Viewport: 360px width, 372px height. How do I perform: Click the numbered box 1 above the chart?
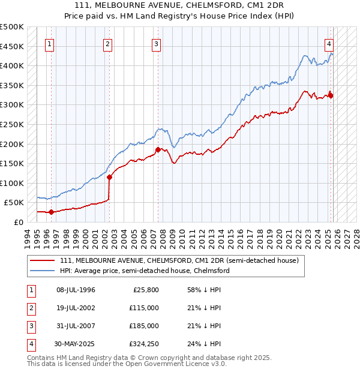[x=49, y=43]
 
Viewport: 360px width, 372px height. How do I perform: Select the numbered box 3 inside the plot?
[x=156, y=43]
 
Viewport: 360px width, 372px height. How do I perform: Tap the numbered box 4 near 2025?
[x=329, y=43]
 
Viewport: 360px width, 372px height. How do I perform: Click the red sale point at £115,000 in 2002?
[x=109, y=177]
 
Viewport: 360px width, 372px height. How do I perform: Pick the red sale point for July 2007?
[x=158, y=149]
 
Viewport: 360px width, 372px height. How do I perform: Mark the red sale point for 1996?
[x=51, y=212]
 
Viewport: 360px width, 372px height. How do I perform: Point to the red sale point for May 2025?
[x=331, y=95]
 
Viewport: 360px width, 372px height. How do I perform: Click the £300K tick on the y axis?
[x=12, y=105]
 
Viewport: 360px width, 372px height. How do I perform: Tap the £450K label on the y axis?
[x=12, y=46]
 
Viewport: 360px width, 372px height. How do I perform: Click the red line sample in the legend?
[x=43, y=261]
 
